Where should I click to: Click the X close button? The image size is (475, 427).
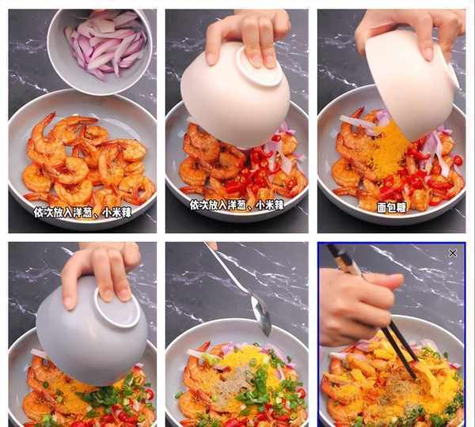coord(452,253)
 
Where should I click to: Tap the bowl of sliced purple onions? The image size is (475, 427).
coord(100,51)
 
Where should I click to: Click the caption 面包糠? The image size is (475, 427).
coord(391,208)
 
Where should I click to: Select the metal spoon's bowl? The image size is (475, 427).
coord(261,316)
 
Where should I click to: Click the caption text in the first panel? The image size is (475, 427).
coord(82,213)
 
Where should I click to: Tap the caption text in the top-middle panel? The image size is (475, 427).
coord(237,205)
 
